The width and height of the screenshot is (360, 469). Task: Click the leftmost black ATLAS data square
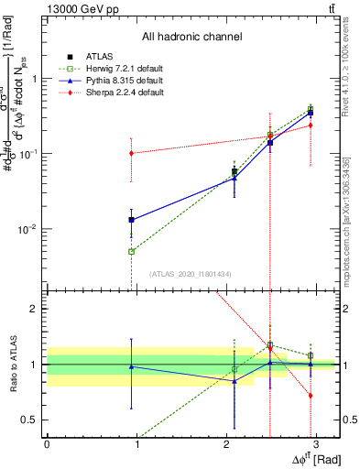132,220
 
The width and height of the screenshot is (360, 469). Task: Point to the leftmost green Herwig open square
132,251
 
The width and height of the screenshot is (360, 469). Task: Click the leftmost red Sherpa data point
132,153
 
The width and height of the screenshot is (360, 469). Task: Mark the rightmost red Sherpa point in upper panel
311,125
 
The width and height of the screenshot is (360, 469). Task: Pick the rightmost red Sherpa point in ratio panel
311,396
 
